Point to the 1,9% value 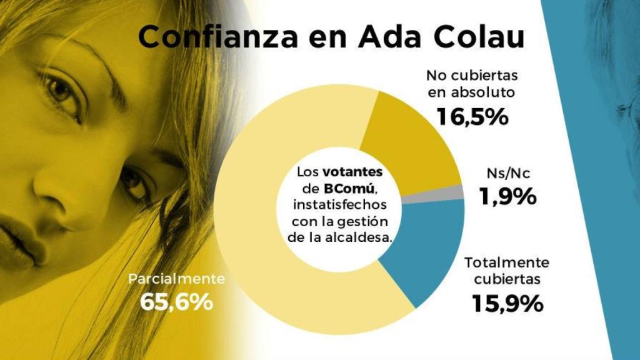click(507, 196)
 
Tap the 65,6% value click(177, 301)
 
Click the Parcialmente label click(176, 279)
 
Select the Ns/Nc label click(507, 173)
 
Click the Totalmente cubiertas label click(507, 270)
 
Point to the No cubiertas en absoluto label click(472, 84)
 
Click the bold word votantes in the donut click(356, 171)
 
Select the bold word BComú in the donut click(346, 188)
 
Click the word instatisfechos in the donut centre click(341, 204)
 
